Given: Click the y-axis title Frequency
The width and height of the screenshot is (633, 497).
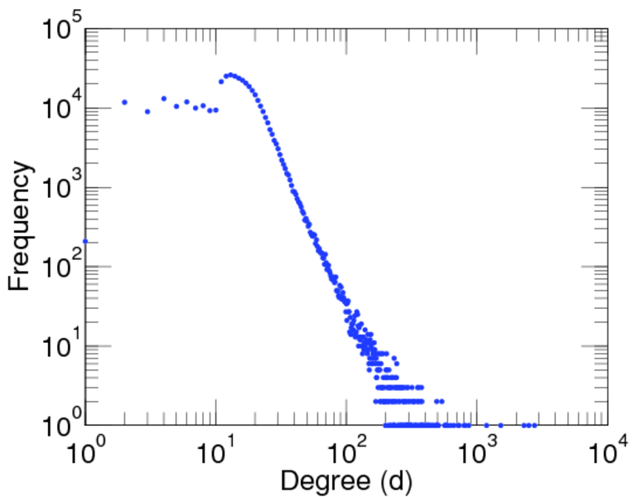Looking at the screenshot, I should tap(22, 226).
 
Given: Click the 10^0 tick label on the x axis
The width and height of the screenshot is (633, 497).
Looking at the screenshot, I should tap(85, 452).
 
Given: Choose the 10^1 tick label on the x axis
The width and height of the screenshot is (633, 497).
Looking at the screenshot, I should tap(215, 452).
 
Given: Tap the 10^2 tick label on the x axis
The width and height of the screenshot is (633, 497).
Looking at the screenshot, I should tap(347, 452).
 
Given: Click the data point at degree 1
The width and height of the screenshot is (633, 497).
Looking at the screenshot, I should tap(85, 241).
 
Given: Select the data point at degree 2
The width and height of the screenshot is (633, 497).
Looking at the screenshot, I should tap(124, 102).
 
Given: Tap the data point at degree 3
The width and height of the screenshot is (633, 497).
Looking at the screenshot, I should tap(147, 111).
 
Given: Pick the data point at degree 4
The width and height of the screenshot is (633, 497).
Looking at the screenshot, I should tap(164, 99).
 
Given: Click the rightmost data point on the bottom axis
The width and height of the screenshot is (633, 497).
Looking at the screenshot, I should tap(534, 425).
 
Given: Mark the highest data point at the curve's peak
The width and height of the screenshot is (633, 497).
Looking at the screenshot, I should tap(230, 75).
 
